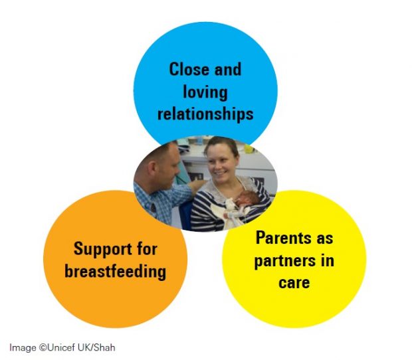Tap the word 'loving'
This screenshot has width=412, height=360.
(x=205, y=93)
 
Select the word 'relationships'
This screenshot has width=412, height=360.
(x=205, y=114)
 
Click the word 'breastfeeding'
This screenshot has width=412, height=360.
(x=116, y=271)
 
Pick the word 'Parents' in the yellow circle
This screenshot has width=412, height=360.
(x=281, y=238)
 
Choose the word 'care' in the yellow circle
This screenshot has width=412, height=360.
(x=294, y=282)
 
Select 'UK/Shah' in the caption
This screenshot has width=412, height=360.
(x=96, y=347)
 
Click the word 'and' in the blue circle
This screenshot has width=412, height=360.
(x=228, y=69)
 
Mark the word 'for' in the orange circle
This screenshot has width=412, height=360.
(x=148, y=249)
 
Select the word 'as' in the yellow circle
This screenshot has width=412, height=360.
(x=325, y=239)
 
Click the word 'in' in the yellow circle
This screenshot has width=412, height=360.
(x=328, y=260)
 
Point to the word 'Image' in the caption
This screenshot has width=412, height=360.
(x=23, y=347)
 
